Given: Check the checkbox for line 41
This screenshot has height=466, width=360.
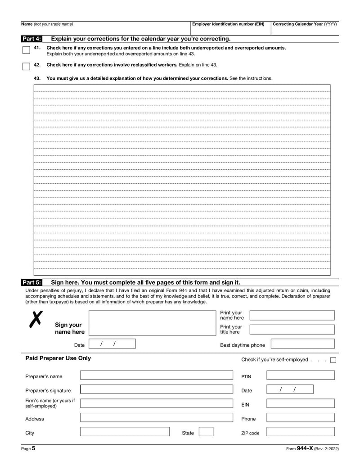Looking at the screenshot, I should [26, 50].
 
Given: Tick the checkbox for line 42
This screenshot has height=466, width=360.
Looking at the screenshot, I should [26, 67].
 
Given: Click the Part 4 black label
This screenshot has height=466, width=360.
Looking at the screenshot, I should [31, 39].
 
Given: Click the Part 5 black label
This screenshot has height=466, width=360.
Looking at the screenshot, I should [31, 283].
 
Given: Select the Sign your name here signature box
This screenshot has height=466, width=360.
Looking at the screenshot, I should [150, 323].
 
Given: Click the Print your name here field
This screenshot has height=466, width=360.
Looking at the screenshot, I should [292, 315].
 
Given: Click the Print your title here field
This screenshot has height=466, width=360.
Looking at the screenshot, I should [292, 329].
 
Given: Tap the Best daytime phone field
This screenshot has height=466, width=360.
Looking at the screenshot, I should [302, 344].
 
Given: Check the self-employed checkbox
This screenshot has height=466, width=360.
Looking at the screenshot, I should [333, 360].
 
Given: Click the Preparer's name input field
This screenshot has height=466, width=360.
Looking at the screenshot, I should [157, 376].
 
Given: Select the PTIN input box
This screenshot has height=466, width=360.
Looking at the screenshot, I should [300, 376].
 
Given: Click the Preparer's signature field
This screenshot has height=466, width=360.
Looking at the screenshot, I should [157, 389].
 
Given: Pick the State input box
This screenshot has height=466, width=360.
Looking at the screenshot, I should [206, 432].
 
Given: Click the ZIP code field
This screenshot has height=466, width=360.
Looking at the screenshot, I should [300, 432].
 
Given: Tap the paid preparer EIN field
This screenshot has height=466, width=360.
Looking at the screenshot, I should [300, 403].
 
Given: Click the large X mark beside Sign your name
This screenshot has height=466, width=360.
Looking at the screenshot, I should [36, 319].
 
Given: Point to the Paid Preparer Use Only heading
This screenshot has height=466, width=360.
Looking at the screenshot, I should [58, 358].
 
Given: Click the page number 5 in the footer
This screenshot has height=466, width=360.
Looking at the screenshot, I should [33, 448].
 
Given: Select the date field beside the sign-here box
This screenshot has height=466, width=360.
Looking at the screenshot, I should [112, 344].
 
